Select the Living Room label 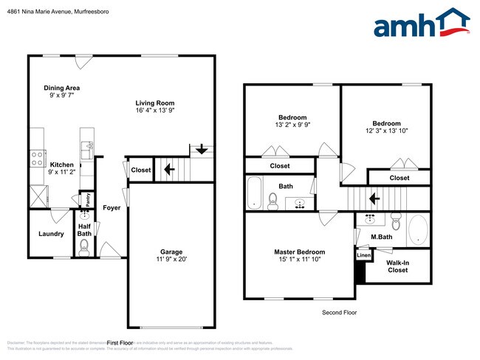[x=154, y=103]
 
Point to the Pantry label [x=86, y=198]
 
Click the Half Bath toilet [x=83, y=246]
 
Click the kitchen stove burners [x=35, y=158]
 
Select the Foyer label [x=112, y=207]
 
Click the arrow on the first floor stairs [x=169, y=170]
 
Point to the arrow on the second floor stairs [x=374, y=198]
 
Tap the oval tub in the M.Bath [x=417, y=229]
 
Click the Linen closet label [x=363, y=255]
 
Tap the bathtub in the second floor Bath [x=254, y=192]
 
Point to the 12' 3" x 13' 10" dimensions [x=386, y=131]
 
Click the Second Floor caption [x=339, y=313]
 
